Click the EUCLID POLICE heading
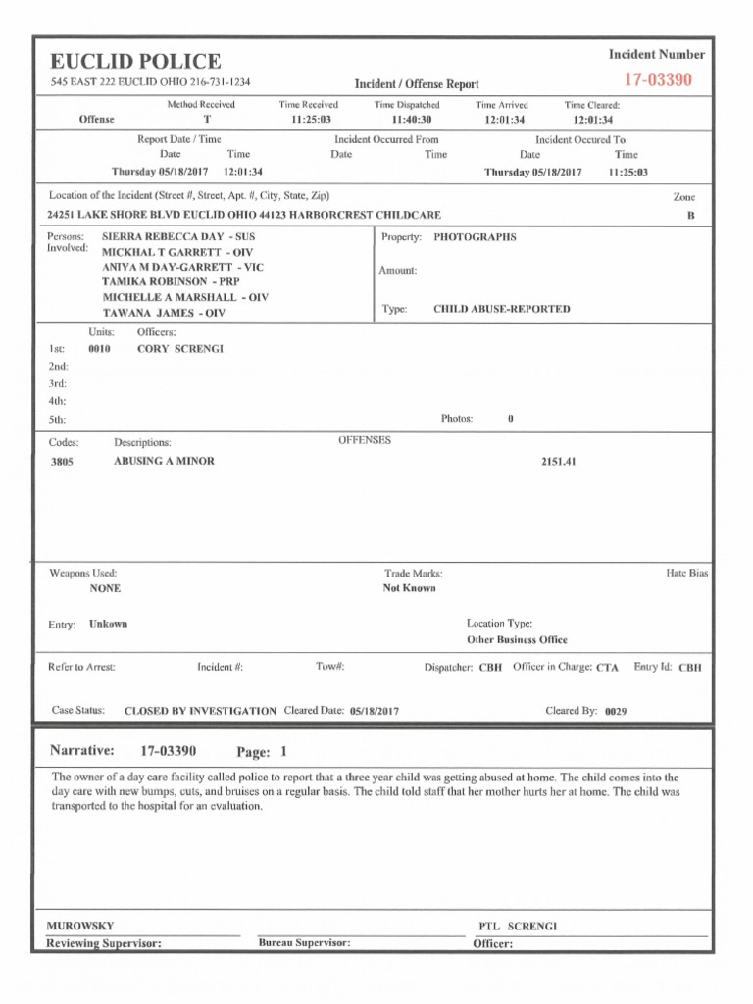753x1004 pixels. pos(135,61)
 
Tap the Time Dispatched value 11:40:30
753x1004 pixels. pos(406,120)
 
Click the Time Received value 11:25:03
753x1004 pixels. pos(311,120)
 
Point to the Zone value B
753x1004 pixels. pos(690,215)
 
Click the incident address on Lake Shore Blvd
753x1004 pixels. pos(243,215)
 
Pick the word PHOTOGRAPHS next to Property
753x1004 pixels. pos(475,237)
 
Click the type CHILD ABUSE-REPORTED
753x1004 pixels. pos(501,309)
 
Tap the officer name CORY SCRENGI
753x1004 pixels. pos(180,348)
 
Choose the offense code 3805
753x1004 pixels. pos(61,462)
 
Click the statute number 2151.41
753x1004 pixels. pos(558,461)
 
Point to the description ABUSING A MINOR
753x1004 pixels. pos(164,461)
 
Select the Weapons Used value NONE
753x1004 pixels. pos(105,589)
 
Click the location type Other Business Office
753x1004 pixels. pos(517,640)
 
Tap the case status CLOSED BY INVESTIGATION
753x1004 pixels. pos(200,711)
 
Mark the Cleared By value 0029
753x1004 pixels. pos(616,711)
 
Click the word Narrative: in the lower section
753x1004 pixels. pos(82,751)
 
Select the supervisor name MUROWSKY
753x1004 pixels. pos(80,926)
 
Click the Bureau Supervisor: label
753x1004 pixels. pos(304,943)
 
